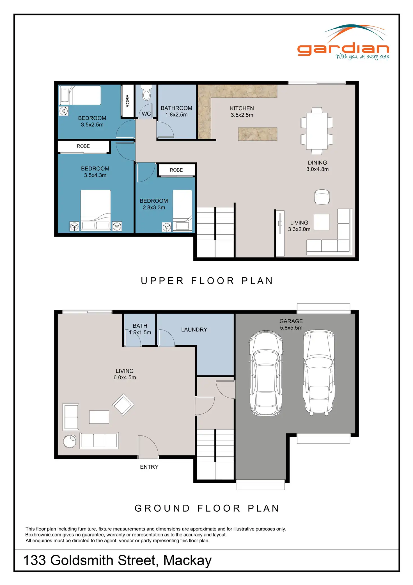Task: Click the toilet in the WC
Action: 146,92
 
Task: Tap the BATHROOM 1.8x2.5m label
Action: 176,111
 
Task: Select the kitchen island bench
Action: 258,134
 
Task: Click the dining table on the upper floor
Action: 317,131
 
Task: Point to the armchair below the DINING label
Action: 322,197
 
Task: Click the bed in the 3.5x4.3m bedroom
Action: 96,210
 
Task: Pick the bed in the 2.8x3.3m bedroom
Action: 182,210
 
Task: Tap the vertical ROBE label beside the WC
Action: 128,101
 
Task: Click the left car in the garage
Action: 266,373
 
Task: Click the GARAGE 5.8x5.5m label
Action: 291,324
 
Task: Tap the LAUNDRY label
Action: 194,330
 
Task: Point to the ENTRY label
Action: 149,467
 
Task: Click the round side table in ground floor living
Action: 70,441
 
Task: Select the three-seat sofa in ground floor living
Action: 99,441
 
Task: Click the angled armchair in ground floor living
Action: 123,405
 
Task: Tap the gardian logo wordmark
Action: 343,49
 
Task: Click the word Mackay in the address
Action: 187,561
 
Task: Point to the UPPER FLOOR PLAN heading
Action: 207,281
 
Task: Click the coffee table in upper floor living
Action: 322,222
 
